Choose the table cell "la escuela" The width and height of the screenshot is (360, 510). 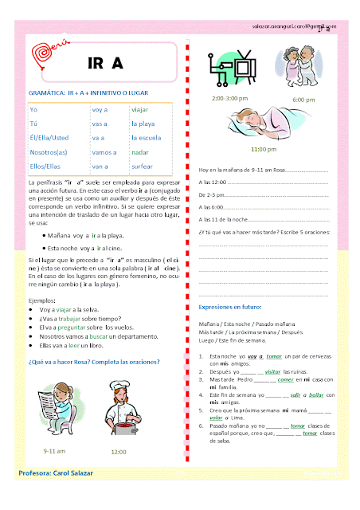pos(148,136)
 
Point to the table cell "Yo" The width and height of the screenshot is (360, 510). pos(33,108)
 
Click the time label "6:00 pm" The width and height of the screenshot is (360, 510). pos(303,99)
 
